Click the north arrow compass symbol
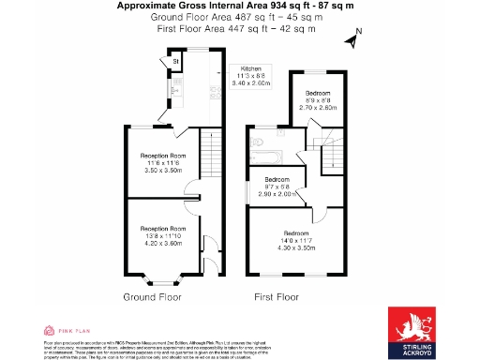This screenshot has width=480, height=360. tap(353, 39)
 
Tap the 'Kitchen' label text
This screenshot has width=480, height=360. tap(250, 69)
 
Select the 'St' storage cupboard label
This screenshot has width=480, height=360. tap(175, 63)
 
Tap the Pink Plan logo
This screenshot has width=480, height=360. tap(67, 331)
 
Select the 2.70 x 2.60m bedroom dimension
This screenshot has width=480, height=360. tap(315, 108)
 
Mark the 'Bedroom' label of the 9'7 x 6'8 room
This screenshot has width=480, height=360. tap(277, 179)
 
